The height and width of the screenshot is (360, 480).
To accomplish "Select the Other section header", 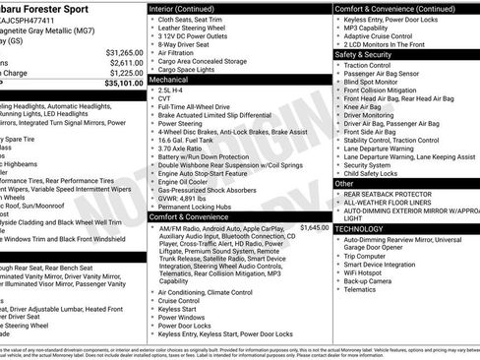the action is [x=345, y=184].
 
